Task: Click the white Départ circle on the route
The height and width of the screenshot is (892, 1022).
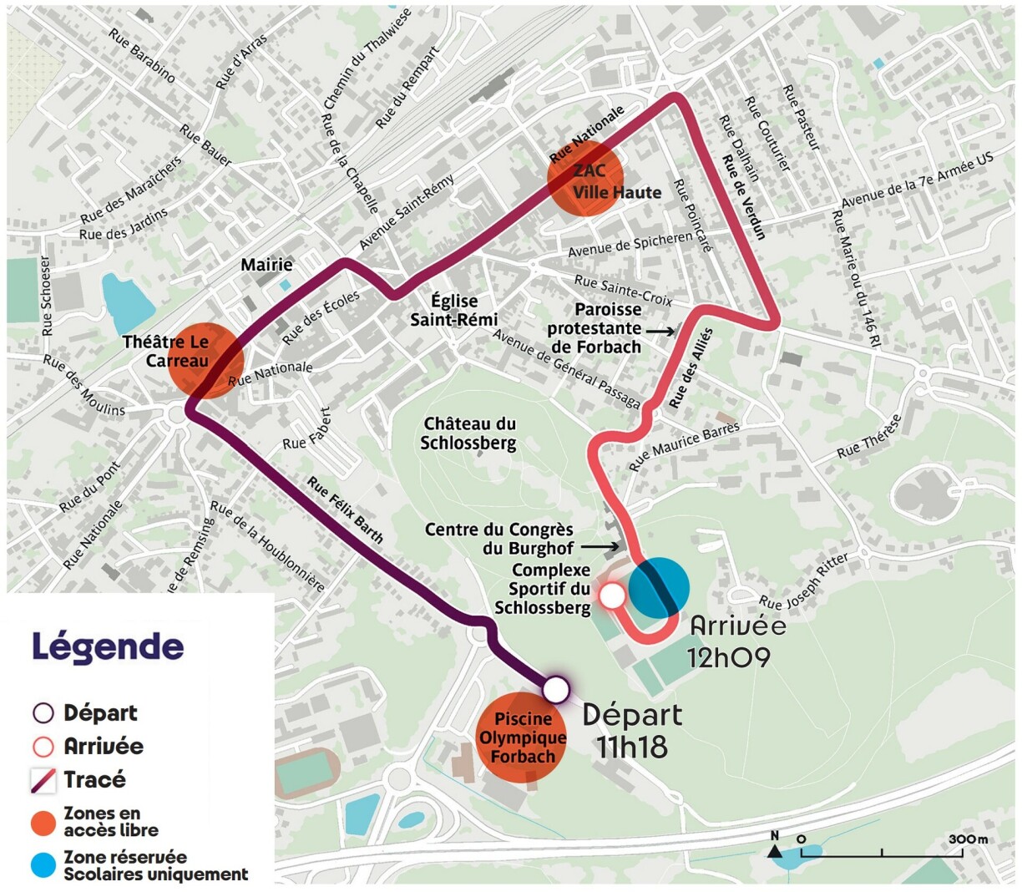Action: point(556,690)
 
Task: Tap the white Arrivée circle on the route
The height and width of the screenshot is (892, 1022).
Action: point(612,596)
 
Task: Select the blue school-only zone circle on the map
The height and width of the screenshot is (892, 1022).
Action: point(659,587)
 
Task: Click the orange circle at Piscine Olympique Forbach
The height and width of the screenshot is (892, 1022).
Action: point(522,738)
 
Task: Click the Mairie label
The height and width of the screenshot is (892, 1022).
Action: point(267,265)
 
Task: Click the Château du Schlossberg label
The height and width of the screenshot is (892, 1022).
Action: point(468,433)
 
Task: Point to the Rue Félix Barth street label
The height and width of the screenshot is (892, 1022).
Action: point(345,510)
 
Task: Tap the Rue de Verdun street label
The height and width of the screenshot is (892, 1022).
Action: point(743,198)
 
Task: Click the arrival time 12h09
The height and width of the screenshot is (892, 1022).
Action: point(728,657)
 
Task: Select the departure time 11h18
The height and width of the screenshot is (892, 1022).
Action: point(632,746)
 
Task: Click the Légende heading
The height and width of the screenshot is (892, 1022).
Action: point(108,646)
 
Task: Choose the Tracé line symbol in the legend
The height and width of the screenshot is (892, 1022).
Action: point(43,780)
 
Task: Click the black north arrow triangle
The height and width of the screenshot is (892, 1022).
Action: point(774,851)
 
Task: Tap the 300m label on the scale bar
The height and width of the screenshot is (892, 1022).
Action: point(968,839)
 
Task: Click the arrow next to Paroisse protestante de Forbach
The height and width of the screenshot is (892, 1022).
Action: point(660,332)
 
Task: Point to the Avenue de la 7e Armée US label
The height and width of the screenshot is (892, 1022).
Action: point(918,181)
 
